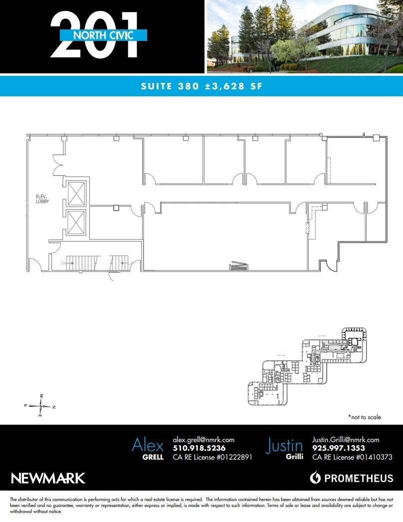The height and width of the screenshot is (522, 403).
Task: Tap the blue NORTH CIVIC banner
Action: pyautogui.click(x=103, y=35)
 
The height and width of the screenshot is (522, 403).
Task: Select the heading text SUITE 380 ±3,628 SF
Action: pyautogui.click(x=201, y=86)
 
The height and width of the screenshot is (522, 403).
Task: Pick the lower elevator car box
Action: pyautogui.click(x=76, y=223)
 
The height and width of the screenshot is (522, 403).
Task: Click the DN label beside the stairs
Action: pyautogui.click(x=64, y=263)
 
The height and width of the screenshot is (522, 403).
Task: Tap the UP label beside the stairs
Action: pyautogui.click(x=131, y=263)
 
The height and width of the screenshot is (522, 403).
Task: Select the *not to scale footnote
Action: pyautogui.click(x=364, y=417)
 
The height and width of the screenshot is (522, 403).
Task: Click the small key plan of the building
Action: pyautogui.click(x=307, y=367)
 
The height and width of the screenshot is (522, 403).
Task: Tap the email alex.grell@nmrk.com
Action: pyautogui.click(x=203, y=440)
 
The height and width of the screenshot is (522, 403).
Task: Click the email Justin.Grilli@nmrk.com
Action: pyautogui.click(x=346, y=440)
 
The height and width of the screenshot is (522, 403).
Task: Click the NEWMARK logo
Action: pyautogui.click(x=48, y=478)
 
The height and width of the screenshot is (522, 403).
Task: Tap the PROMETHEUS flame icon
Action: pyautogui.click(x=315, y=478)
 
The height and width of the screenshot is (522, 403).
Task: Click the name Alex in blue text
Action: pyautogui.click(x=148, y=444)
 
